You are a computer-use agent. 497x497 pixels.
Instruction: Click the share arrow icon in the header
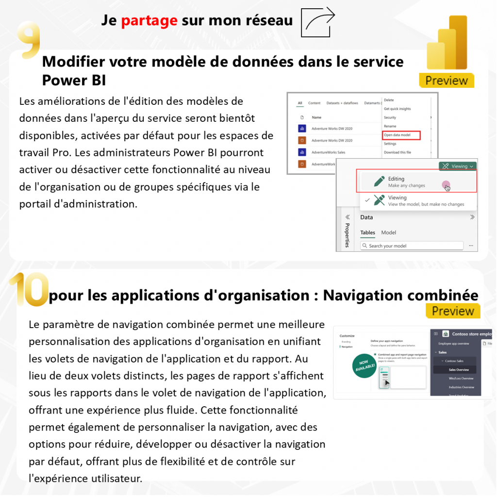318,22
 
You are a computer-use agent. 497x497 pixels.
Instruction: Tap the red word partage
149,20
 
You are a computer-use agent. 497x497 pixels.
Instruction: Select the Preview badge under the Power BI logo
447,81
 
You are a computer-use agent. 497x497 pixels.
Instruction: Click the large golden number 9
29,40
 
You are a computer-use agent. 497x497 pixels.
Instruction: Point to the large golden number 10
29,289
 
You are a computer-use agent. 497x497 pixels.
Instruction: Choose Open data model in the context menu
401,135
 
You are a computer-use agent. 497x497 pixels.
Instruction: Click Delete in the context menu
389,100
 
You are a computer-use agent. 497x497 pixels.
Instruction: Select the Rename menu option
390,126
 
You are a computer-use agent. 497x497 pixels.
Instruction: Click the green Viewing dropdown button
457,166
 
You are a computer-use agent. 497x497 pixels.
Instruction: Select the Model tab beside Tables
388,232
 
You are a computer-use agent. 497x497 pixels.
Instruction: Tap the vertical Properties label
347,235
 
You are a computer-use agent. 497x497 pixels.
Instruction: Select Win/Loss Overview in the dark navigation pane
454,379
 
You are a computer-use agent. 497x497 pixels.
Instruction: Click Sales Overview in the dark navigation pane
452,370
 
